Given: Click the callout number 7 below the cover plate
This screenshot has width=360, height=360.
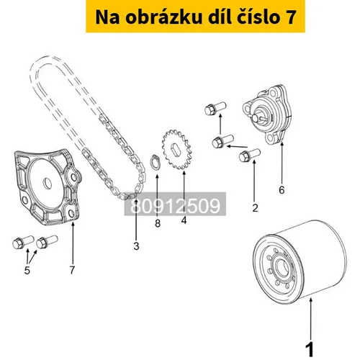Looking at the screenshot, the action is click(72, 270).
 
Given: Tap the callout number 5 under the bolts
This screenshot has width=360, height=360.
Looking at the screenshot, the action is click(27, 270).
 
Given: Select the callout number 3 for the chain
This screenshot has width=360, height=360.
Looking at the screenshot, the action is click(136, 246).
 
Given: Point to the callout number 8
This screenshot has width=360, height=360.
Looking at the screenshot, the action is click(158, 223).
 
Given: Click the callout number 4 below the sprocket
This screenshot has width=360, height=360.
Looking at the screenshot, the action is click(184, 220).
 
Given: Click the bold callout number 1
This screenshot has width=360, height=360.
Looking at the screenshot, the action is click(310, 349).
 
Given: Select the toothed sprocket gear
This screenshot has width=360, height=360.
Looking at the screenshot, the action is click(177, 149).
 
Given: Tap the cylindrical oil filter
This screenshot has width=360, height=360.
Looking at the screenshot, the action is click(300, 261).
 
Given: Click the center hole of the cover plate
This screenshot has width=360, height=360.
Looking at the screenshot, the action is click(48, 184).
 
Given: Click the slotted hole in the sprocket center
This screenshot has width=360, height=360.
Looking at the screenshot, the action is click(176, 149).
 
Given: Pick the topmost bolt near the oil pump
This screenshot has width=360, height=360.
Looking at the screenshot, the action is click(215, 108).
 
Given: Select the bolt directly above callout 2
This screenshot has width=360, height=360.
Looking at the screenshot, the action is click(250, 155).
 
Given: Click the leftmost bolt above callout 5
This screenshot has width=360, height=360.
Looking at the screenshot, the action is click(23, 242).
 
